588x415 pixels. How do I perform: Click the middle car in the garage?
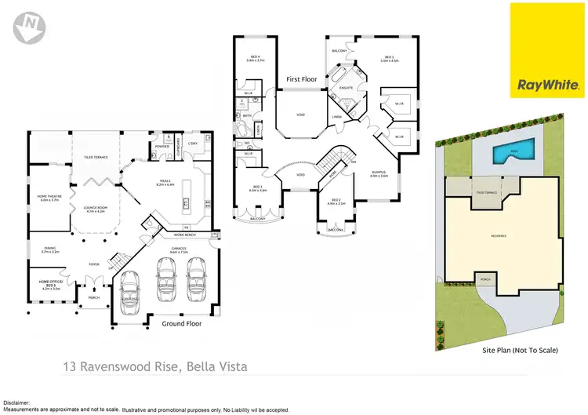pos(167,280)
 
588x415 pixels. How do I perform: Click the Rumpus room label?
pos(380,174)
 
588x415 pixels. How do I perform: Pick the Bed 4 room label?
pos(256,58)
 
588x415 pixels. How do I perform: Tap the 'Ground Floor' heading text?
pos(182,323)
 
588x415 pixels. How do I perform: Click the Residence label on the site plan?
pos(499,235)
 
